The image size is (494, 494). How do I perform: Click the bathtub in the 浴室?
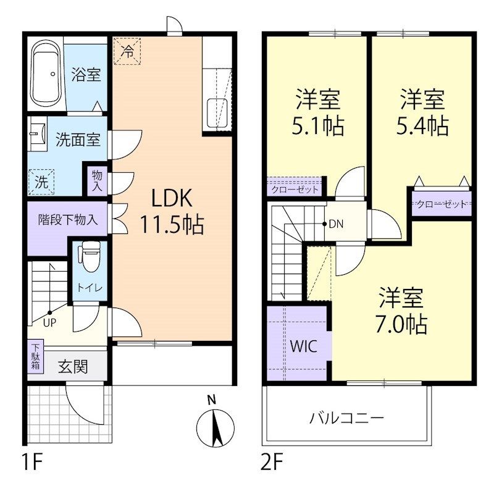pyautogui.click(x=47, y=75)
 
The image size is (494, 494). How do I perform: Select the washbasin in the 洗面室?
pyautogui.click(x=36, y=135)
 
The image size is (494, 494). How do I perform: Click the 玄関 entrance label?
pyautogui.click(x=73, y=366)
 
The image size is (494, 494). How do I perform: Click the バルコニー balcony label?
pyautogui.click(x=346, y=418)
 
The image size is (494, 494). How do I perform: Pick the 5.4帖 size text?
pyautogui.click(x=422, y=126)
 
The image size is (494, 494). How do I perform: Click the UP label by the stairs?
pyautogui.click(x=49, y=321)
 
